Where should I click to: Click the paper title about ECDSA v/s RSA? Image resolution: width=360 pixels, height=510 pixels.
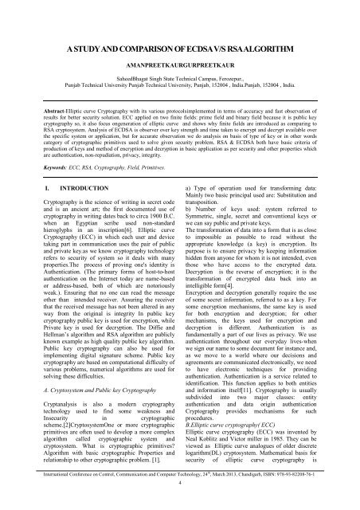click(180, 52)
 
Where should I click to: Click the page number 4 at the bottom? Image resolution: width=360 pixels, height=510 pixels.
click(180, 505)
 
